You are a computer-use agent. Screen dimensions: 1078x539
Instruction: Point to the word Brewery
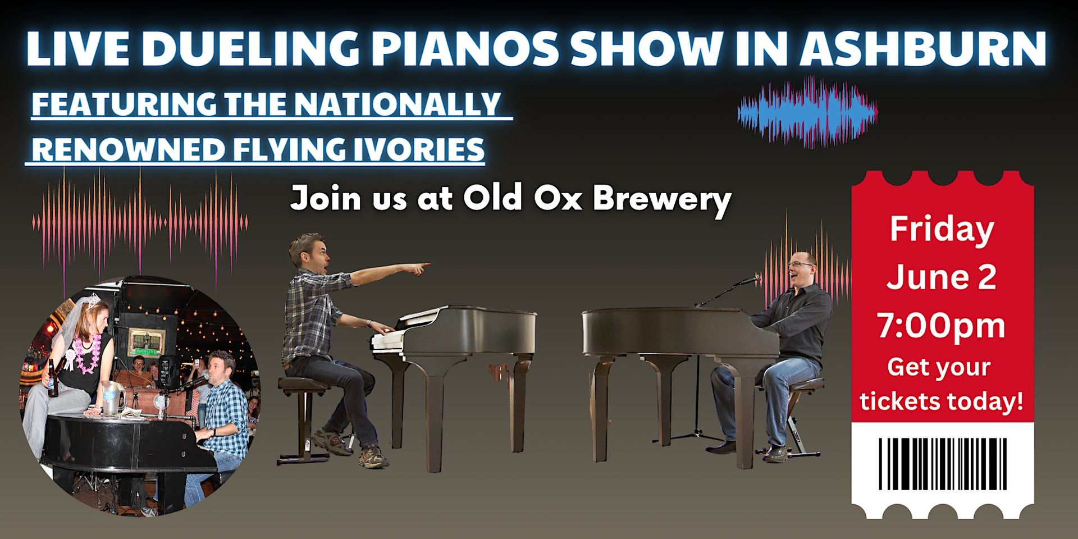662,199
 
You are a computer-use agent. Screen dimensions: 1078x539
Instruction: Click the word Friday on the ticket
942,230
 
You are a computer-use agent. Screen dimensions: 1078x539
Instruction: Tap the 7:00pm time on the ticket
941,326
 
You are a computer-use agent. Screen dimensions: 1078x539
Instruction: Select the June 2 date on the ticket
942,277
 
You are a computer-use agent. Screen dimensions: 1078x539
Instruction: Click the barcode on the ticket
942,464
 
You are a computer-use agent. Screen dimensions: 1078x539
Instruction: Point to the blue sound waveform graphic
807,112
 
